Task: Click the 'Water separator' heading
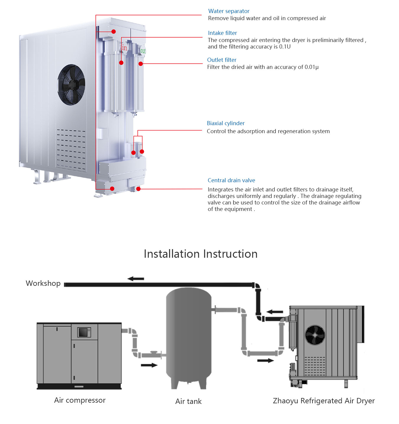tap(229, 11)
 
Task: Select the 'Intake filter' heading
tap(222, 33)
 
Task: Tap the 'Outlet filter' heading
tap(222, 60)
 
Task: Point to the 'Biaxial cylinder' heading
tap(226, 123)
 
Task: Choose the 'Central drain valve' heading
tap(231, 180)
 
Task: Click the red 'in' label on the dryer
tap(124, 48)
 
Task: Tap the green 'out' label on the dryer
tap(143, 51)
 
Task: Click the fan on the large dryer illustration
tap(71, 85)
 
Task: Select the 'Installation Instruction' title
tap(200, 254)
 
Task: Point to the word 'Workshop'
tap(43, 283)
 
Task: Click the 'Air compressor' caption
tap(80, 400)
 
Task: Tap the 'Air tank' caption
tap(188, 402)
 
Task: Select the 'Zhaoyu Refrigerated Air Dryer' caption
tap(324, 401)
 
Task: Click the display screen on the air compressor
tap(84, 332)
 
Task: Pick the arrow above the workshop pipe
tap(136, 279)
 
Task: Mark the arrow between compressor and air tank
tap(149, 365)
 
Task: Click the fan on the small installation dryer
tap(315, 335)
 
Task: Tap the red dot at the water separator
tap(113, 32)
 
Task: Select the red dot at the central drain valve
tap(138, 189)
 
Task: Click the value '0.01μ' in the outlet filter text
tap(312, 67)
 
